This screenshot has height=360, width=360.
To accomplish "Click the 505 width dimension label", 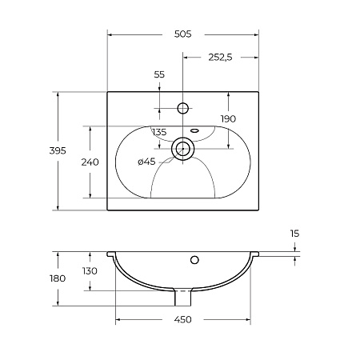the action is (x=183, y=34).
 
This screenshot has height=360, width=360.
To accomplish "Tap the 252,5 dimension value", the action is (x=220, y=58).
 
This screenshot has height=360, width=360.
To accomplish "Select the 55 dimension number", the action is (x=159, y=74).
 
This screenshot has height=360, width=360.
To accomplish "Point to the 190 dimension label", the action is (x=228, y=119).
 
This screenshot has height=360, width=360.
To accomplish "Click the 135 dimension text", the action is (x=159, y=132).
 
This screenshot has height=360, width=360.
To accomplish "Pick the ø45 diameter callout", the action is (x=146, y=162).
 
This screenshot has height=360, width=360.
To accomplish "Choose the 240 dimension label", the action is (x=90, y=162).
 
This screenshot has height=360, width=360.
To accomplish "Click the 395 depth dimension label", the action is (x=58, y=151).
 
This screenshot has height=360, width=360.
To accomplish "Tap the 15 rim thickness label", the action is (x=295, y=234).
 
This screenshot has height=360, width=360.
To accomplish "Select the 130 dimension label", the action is (x=90, y=271).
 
